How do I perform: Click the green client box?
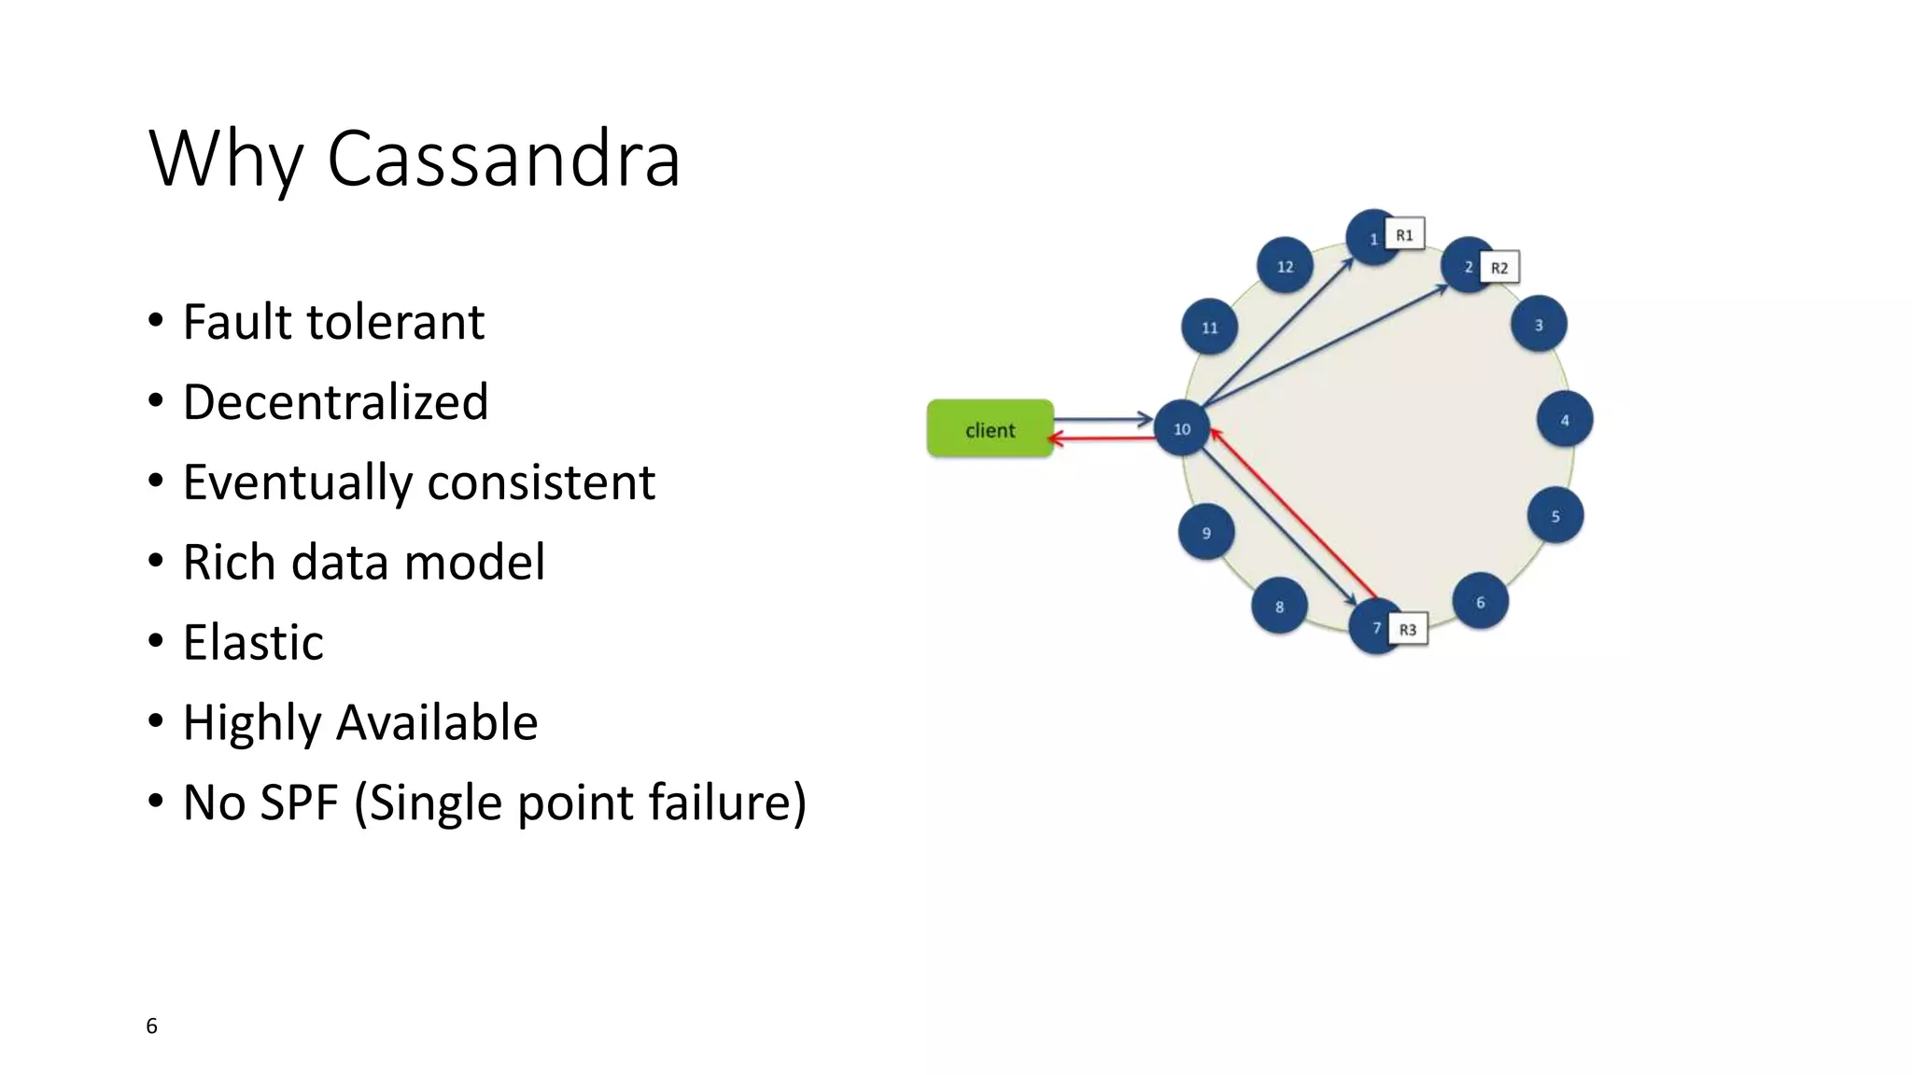[x=990, y=429]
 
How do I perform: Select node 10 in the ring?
[x=1182, y=429]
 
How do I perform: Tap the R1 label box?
[x=1404, y=235]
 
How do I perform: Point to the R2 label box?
[x=1499, y=268]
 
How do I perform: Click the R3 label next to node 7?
[x=1408, y=630]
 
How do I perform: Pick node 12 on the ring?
[x=1285, y=267]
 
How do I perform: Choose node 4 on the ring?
[x=1565, y=420]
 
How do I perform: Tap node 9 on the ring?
[x=1206, y=533]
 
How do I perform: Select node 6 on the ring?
[x=1480, y=603]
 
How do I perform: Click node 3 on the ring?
[x=1539, y=325]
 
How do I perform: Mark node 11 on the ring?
[x=1209, y=328]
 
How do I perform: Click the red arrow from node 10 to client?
[x=1102, y=438]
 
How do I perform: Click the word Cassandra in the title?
[x=503, y=159]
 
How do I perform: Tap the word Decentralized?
[x=335, y=402]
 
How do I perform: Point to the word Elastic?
[x=253, y=642]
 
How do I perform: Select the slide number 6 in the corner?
[x=151, y=1026]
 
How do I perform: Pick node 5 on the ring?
[x=1555, y=516]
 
